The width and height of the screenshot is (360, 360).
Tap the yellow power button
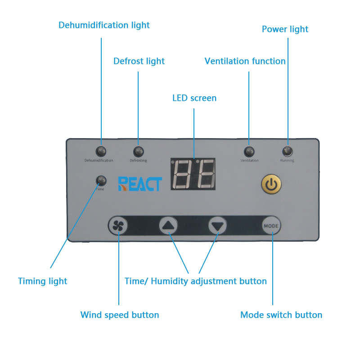pos(271,184)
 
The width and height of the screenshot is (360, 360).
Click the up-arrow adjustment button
pos(168,225)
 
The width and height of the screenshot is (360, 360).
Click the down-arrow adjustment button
pos(218,226)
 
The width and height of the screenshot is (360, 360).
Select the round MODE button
pos(271,226)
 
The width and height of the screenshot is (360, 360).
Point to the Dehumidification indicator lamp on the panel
pos(101,152)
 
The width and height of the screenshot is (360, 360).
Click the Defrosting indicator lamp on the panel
pos(139,152)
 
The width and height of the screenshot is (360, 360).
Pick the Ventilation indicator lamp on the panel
pos(249,152)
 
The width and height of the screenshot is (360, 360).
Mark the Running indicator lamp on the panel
pos(288,152)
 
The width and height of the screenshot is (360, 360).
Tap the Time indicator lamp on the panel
pos(101,181)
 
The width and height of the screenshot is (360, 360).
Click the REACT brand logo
pos(140,184)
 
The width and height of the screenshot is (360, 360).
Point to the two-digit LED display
pos(193,174)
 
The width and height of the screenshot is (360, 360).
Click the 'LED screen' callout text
pos(194,98)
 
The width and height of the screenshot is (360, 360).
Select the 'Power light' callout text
pos(285,29)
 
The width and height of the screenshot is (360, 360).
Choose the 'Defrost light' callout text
pos(139,61)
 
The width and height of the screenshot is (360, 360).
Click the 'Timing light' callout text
pos(42,281)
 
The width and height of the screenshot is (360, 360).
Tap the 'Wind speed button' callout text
pos(120,315)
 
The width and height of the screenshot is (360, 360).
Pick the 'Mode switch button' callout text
pos(281,315)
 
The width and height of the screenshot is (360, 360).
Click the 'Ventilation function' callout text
pos(245,61)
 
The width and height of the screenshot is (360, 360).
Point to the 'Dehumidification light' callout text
pos(104,25)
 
